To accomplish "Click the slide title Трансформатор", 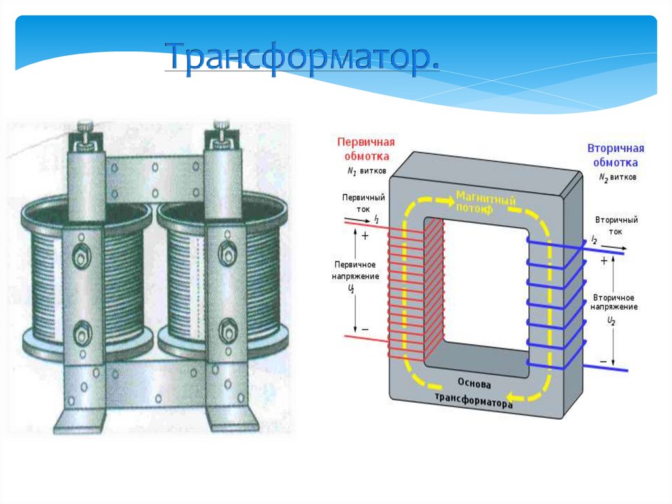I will pyautogui.click(x=303, y=58).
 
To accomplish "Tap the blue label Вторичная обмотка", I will pyautogui.click(x=615, y=155).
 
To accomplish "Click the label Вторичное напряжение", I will pyautogui.click(x=614, y=302).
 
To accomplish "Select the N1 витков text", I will pyautogui.click(x=367, y=171).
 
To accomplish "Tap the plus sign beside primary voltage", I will pyautogui.click(x=365, y=235).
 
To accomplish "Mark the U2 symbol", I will pyautogui.click(x=611, y=321).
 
